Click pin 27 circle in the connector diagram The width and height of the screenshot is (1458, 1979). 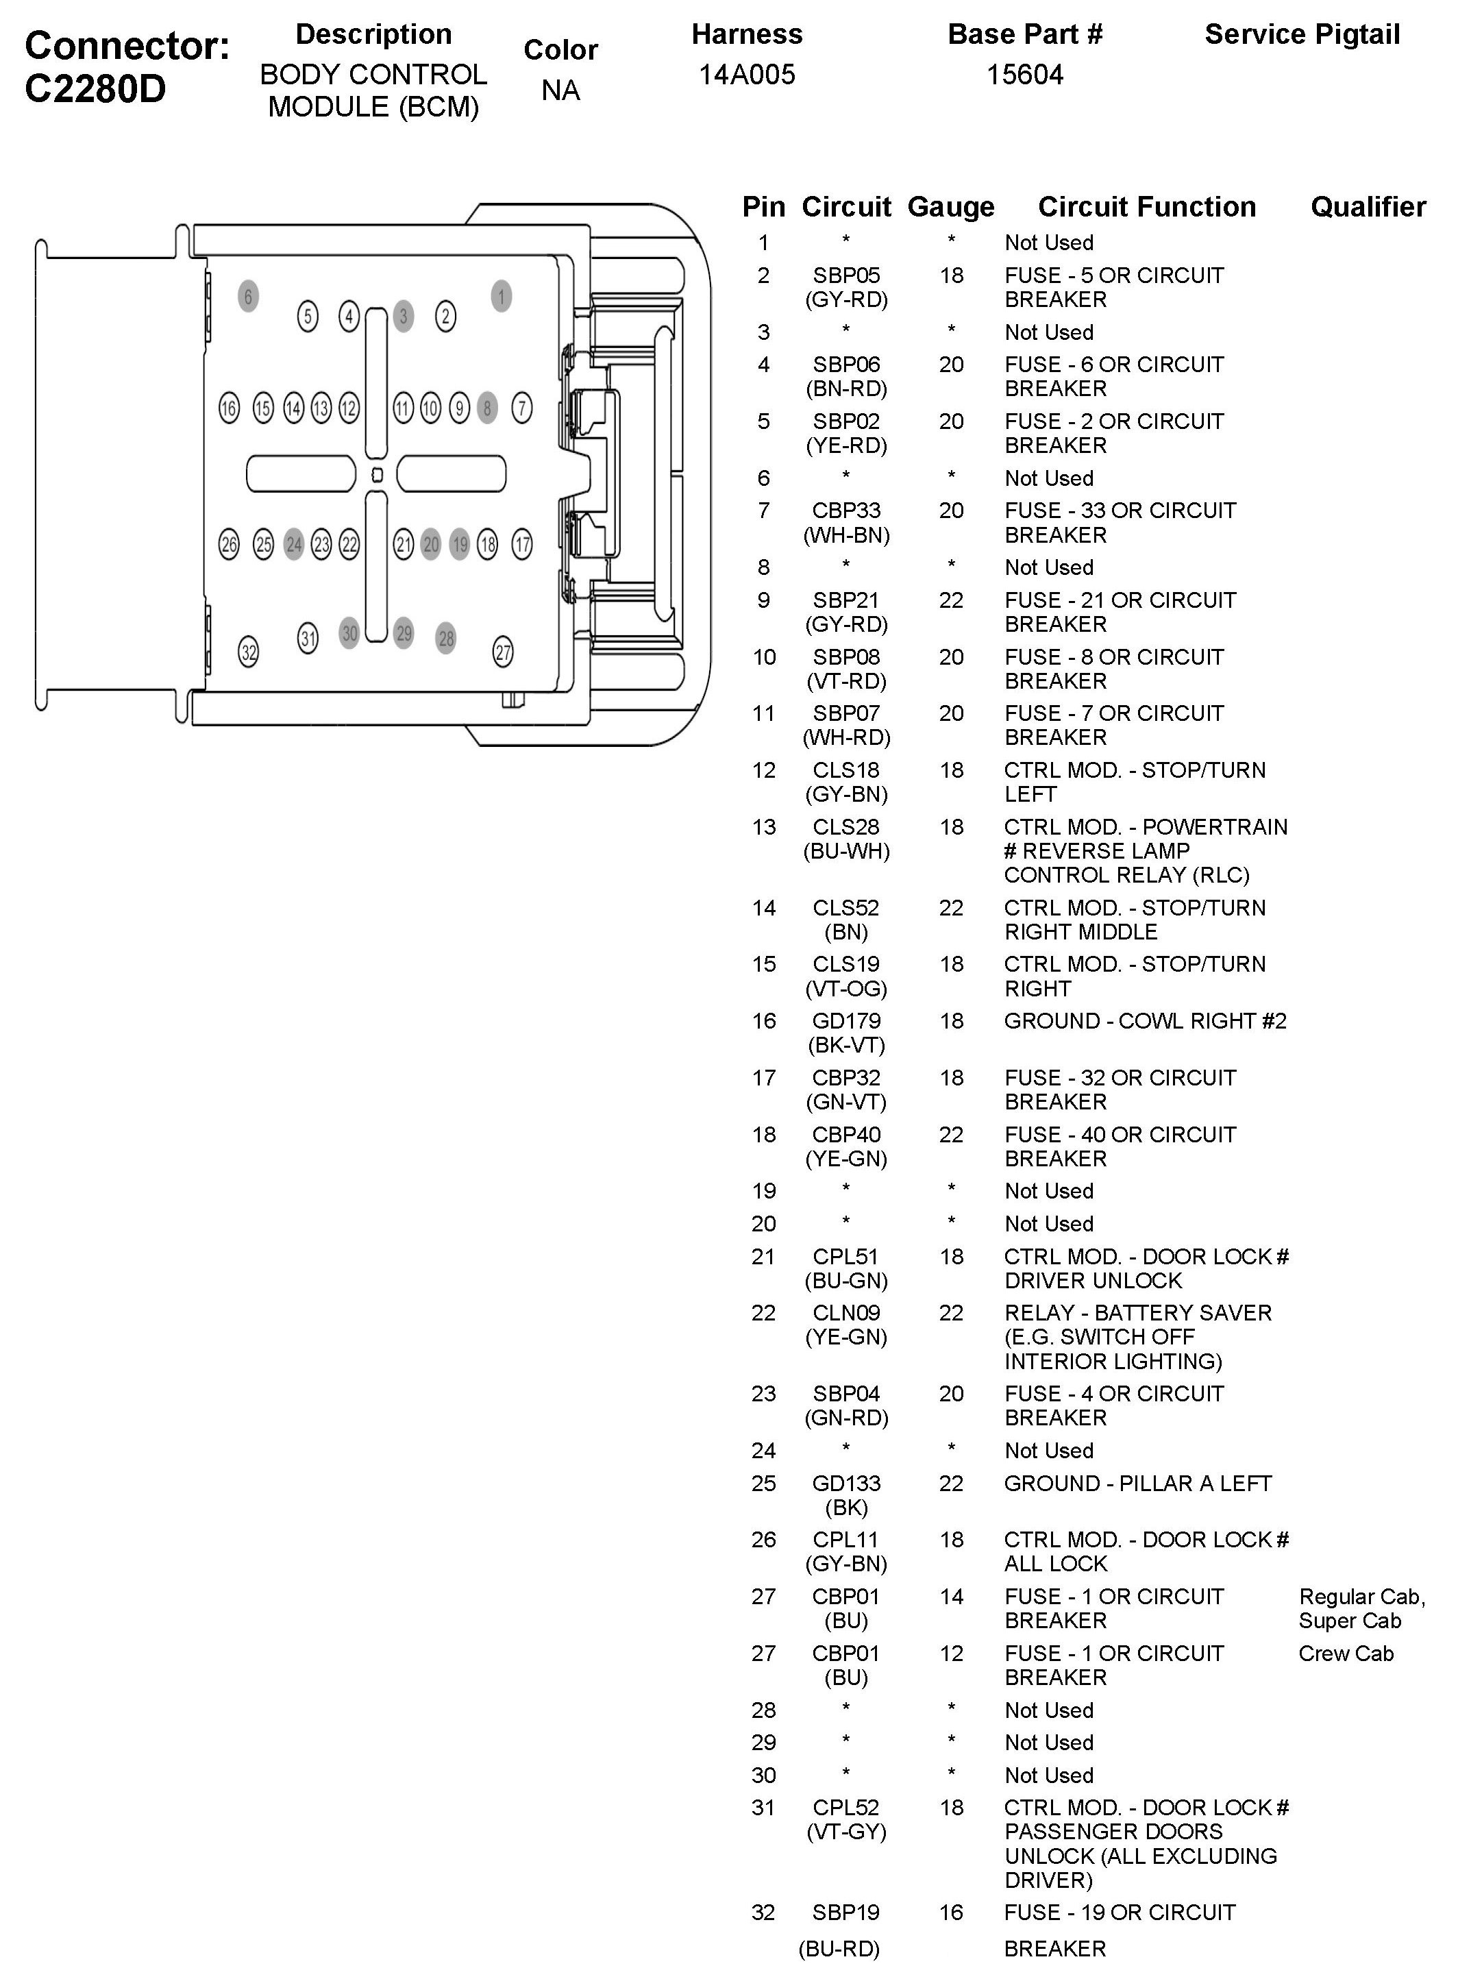[502, 652]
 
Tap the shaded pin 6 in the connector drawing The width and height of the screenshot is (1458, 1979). [248, 297]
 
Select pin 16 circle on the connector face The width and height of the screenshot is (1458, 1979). [229, 408]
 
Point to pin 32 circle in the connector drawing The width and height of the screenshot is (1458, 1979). [249, 652]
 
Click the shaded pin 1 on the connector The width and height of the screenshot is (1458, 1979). [502, 297]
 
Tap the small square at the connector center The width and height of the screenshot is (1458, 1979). [377, 475]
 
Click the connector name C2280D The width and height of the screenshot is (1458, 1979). [95, 89]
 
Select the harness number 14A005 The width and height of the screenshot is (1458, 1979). [747, 75]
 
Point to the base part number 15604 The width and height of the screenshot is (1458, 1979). [1025, 75]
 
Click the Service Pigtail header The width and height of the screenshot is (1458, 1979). [1302, 34]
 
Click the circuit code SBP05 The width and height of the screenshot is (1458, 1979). [846, 275]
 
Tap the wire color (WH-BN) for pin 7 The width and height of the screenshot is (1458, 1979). [846, 535]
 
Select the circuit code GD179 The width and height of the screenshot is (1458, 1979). [846, 1021]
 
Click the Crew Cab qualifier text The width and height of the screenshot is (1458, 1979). [1346, 1654]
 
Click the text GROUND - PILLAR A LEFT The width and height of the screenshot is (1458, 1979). [1137, 1484]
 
